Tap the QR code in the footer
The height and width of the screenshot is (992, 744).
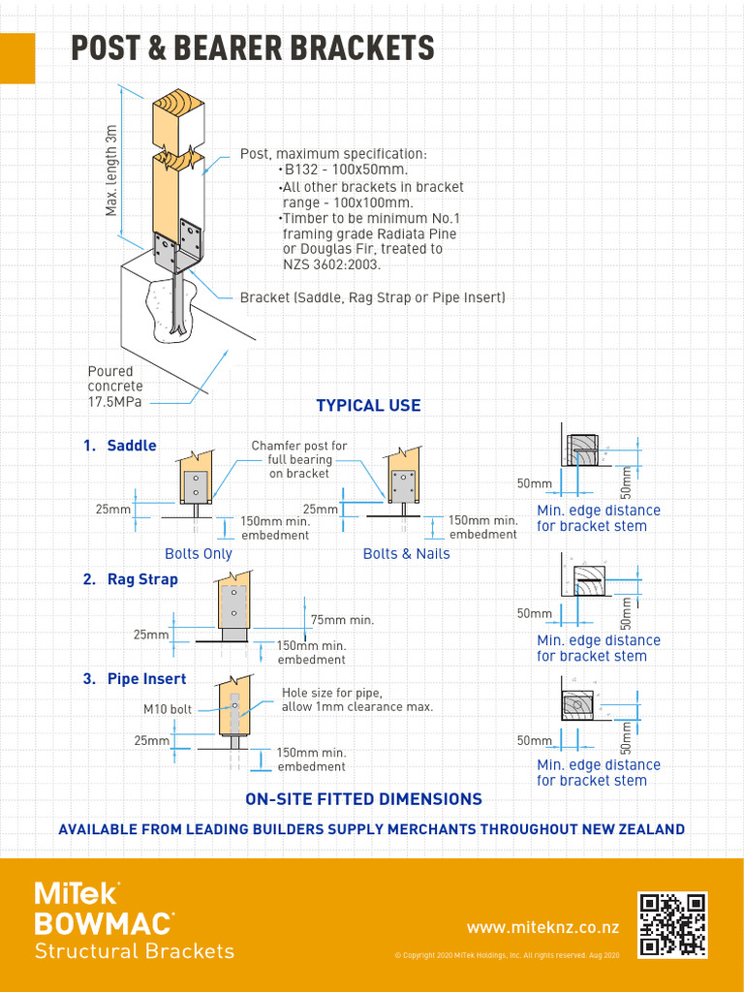coord(671,925)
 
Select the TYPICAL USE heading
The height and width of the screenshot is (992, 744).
coord(368,406)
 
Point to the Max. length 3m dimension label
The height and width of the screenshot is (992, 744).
coord(112,170)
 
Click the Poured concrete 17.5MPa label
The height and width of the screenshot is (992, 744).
coord(114,387)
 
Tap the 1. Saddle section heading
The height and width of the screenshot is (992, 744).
coord(119,446)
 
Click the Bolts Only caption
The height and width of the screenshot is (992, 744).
coord(198,554)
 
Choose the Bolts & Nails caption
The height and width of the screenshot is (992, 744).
coord(406,554)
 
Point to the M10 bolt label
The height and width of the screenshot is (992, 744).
coord(168,709)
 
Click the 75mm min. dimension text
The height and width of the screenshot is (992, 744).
coord(342,620)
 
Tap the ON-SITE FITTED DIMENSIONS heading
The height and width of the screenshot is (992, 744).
coord(363,799)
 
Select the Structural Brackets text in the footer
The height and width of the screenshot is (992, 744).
coord(134,950)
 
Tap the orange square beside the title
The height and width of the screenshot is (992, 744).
coord(17,58)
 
